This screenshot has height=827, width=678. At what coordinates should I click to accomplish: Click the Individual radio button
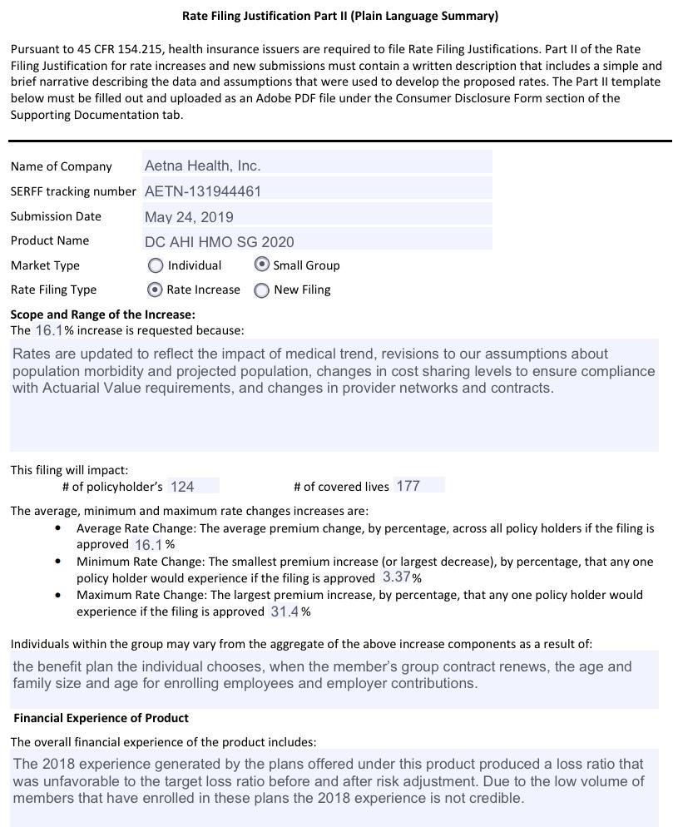click(x=156, y=265)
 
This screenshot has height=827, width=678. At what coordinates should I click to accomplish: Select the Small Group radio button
click(x=262, y=265)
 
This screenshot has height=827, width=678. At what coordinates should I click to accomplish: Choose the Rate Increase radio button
click(x=154, y=290)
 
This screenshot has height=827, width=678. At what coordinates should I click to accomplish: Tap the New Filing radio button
click(x=262, y=290)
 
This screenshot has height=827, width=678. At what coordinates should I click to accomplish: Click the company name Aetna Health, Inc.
click(x=202, y=166)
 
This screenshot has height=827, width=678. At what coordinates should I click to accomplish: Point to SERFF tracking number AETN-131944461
click(x=203, y=191)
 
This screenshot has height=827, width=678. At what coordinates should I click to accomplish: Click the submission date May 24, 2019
click(x=189, y=217)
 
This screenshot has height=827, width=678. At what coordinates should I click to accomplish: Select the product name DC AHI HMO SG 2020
click(x=219, y=242)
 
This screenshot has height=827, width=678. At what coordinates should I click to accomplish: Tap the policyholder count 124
click(x=182, y=487)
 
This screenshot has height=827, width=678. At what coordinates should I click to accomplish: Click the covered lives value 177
click(x=408, y=486)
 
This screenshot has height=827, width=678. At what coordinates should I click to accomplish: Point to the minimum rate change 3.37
click(x=396, y=577)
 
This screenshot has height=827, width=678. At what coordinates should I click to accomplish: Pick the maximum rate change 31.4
click(x=285, y=612)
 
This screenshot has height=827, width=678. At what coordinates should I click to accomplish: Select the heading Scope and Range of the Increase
click(x=102, y=314)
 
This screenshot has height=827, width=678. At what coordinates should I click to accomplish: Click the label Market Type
click(x=45, y=265)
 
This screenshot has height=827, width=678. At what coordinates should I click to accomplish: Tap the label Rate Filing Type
click(x=53, y=290)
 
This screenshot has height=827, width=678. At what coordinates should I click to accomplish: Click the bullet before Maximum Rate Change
click(x=57, y=595)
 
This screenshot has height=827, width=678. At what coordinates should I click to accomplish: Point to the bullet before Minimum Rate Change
click(x=57, y=562)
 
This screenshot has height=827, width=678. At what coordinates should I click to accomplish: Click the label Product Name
click(x=49, y=240)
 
